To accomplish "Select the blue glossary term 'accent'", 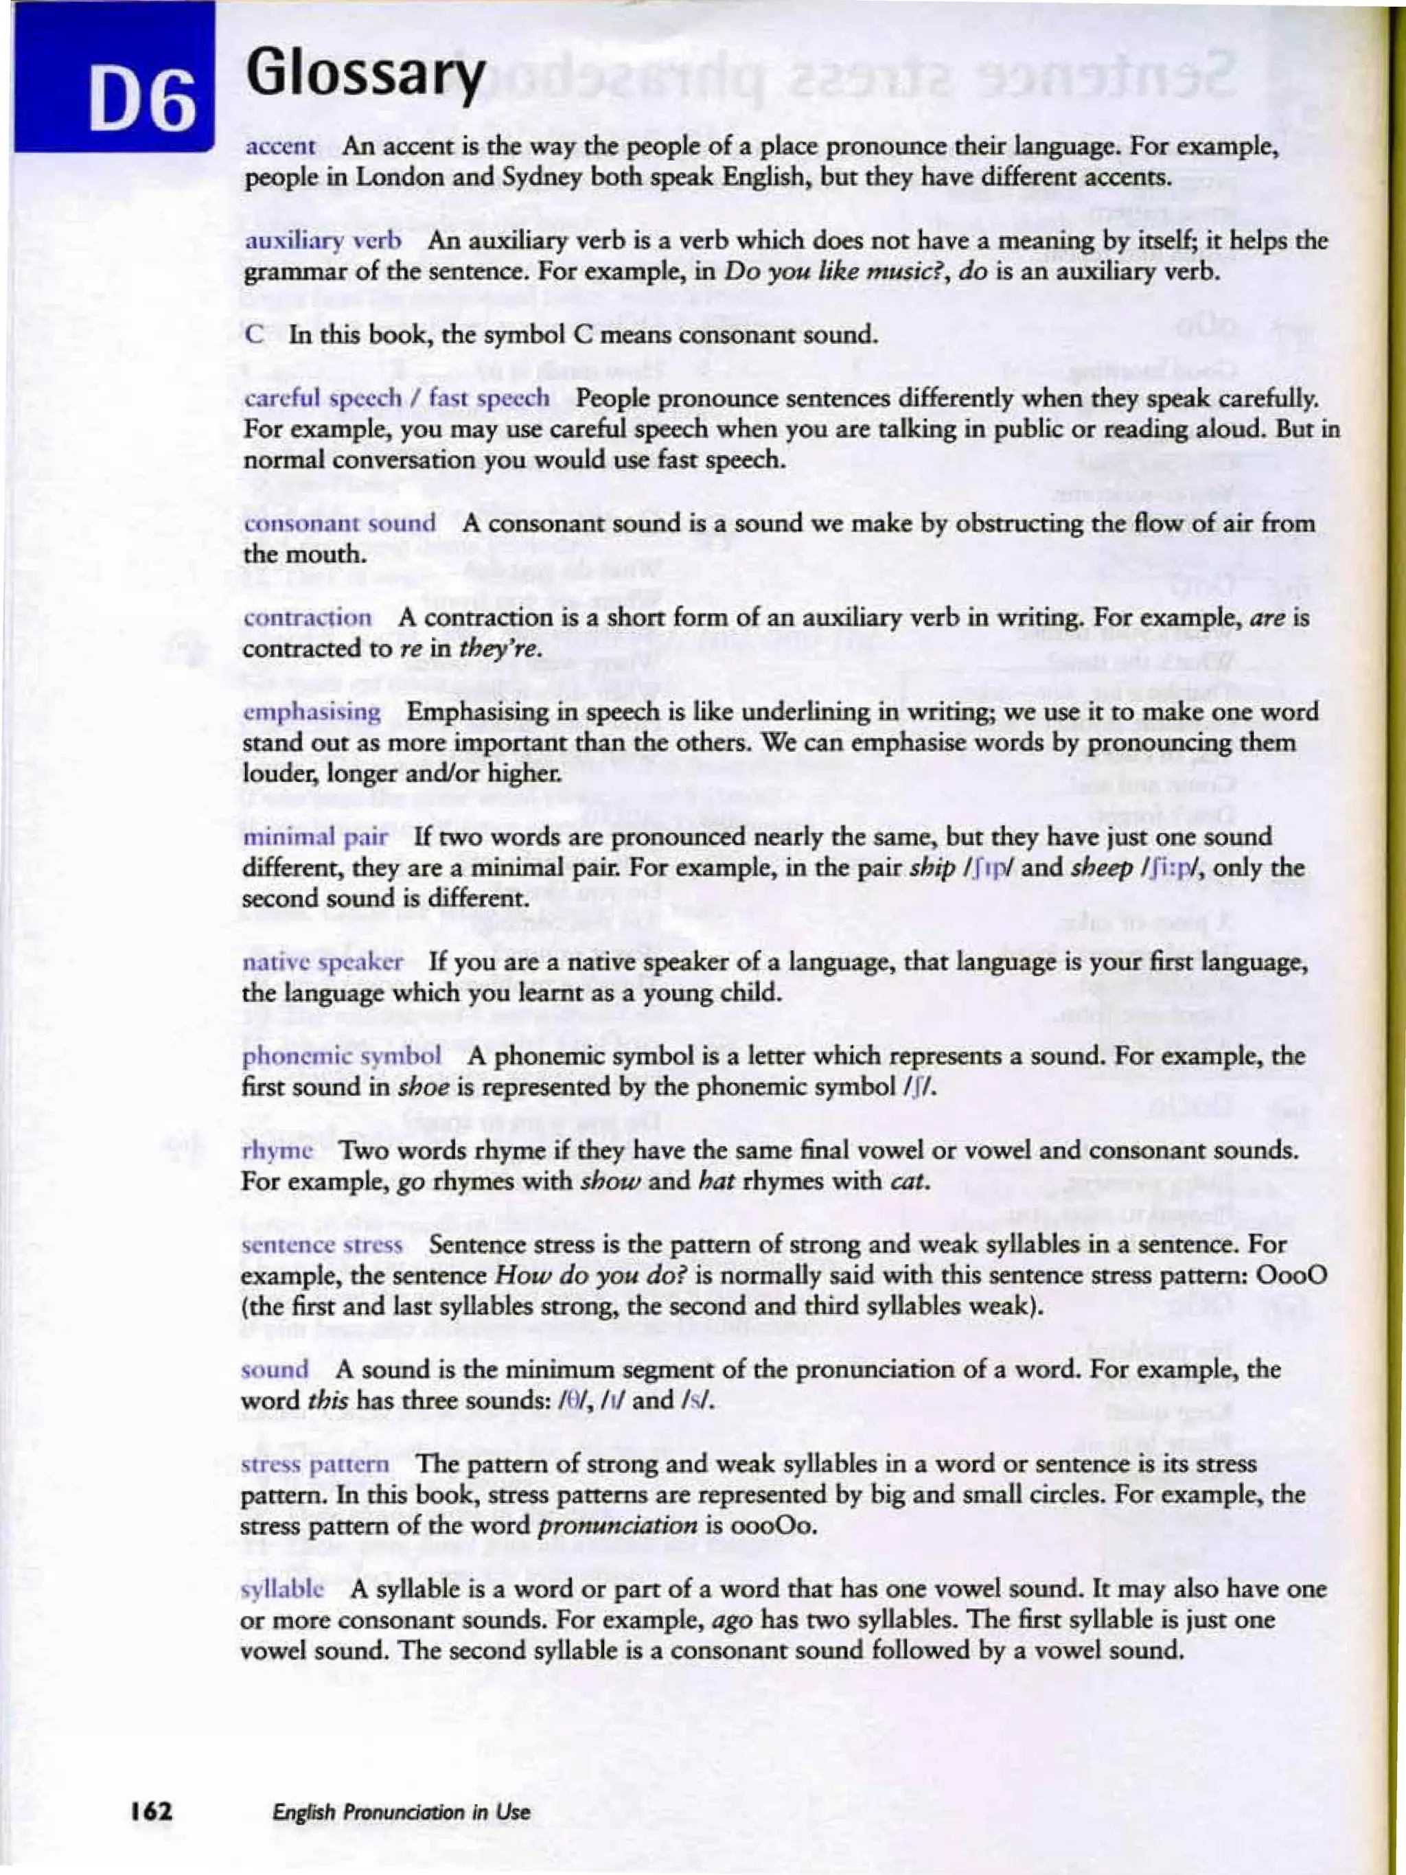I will (x=281, y=147).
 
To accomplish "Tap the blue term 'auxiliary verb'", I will (x=323, y=241).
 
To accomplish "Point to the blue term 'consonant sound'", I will (x=340, y=524).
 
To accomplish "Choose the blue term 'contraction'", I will (x=307, y=618).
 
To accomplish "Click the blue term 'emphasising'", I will (x=312, y=712).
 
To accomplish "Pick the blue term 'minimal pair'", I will (x=315, y=838).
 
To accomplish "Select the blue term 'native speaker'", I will (x=323, y=963).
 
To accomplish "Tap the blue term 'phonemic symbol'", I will (x=341, y=1057).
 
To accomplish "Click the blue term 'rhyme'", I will (x=277, y=1151).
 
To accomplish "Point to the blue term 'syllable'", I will (x=283, y=1589).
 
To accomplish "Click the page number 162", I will (x=152, y=1811).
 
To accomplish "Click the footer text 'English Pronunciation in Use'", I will (x=401, y=1813).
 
